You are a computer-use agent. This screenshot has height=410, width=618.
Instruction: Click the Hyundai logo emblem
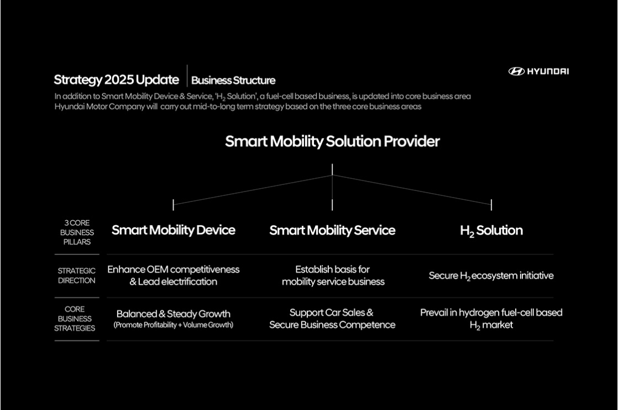tap(516, 71)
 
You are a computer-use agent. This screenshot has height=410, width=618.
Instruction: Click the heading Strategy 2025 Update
tap(116, 80)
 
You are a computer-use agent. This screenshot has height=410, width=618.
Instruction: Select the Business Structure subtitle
tap(233, 80)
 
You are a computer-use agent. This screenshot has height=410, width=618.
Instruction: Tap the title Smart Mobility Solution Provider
tap(332, 141)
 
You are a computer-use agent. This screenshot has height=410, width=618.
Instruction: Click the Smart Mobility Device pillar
tap(174, 230)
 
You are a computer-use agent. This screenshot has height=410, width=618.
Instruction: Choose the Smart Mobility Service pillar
tap(332, 230)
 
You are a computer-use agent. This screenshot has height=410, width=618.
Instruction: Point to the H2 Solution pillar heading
tap(491, 231)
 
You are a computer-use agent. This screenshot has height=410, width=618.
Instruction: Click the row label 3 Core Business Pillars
tap(77, 232)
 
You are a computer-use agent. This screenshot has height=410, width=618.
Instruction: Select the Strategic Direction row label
tap(76, 275)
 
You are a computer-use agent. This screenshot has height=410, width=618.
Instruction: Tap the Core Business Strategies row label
tap(75, 319)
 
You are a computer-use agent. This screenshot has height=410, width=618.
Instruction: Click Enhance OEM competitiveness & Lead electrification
tap(174, 275)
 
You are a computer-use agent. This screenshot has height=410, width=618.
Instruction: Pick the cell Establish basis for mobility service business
tap(333, 275)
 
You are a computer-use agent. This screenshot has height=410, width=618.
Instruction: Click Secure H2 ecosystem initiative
tap(491, 276)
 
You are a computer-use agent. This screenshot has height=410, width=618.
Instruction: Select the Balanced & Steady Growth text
tap(174, 313)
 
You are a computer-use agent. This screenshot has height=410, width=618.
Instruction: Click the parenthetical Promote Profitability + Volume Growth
tap(174, 325)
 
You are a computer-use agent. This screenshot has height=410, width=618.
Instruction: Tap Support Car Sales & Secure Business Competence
tap(332, 319)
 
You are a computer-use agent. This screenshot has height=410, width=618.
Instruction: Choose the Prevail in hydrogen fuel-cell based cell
tap(491, 319)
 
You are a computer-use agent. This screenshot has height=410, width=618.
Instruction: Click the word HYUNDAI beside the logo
tap(548, 71)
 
